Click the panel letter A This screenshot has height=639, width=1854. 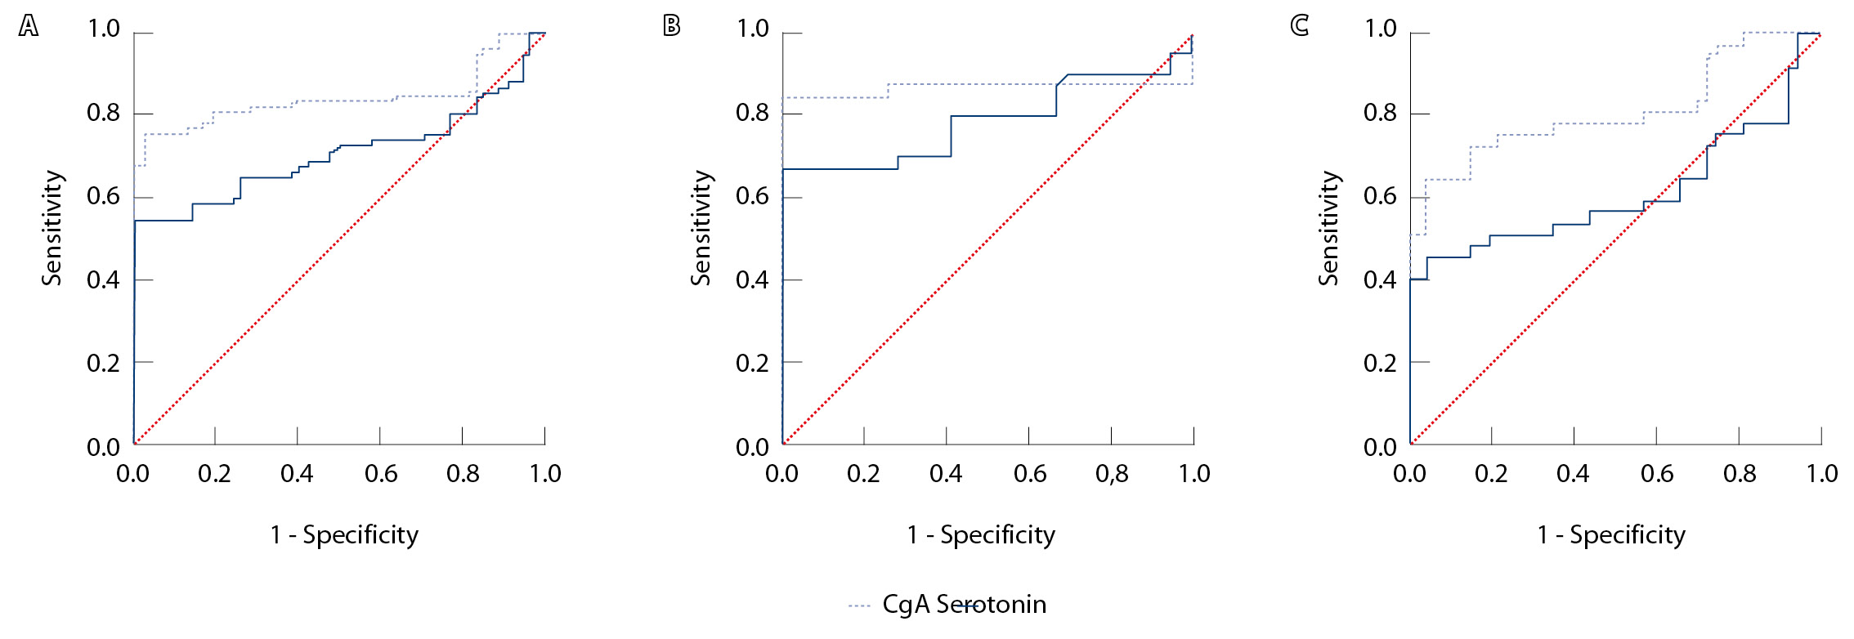[x=29, y=27]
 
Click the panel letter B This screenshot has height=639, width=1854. [x=671, y=26]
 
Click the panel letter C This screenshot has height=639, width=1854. [x=1299, y=26]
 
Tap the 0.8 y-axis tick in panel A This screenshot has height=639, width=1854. [x=103, y=113]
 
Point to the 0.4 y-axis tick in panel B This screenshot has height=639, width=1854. [x=752, y=280]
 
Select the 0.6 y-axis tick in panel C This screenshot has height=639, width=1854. [x=1380, y=197]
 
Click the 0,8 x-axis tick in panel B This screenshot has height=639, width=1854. [x=1112, y=474]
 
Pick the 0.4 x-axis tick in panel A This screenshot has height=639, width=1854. [x=297, y=474]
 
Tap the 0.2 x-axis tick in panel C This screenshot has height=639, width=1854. [x=1491, y=474]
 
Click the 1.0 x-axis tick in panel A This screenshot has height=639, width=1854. [x=545, y=474]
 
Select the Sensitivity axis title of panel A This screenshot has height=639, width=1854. [x=52, y=228]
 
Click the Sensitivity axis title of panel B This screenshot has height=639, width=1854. [x=701, y=228]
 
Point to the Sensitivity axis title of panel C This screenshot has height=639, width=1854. [x=1329, y=228]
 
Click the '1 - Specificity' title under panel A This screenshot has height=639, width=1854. [x=344, y=535]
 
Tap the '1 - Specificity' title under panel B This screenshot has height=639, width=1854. [x=981, y=535]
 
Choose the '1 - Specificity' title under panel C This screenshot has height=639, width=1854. [x=1611, y=535]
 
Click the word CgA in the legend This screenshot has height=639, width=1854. [x=906, y=605]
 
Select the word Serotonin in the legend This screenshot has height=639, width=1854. [x=992, y=605]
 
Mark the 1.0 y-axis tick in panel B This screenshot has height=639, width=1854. [x=752, y=29]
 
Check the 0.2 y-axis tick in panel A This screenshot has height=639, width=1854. [x=103, y=363]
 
